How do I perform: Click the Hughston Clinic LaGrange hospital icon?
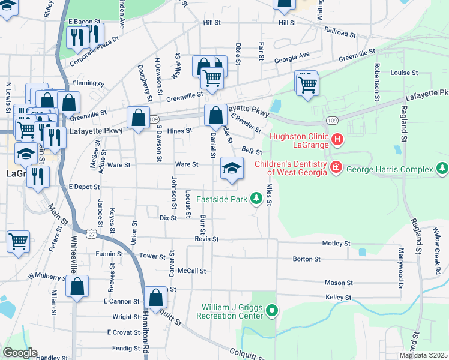click(x=337, y=140)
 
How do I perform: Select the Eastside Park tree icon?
click(x=256, y=197)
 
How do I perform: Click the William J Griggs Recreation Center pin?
click(x=272, y=310)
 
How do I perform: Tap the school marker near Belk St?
click(x=232, y=168)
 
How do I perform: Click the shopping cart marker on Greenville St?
click(x=212, y=78)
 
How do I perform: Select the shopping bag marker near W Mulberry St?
click(x=77, y=286)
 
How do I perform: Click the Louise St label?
click(x=404, y=73)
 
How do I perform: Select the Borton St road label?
click(x=306, y=259)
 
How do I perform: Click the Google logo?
click(x=20, y=353)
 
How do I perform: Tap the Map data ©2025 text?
click(x=423, y=355)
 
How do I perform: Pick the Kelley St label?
click(x=338, y=298)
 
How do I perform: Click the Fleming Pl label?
click(x=89, y=84)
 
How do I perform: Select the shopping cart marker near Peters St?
click(x=18, y=242)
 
